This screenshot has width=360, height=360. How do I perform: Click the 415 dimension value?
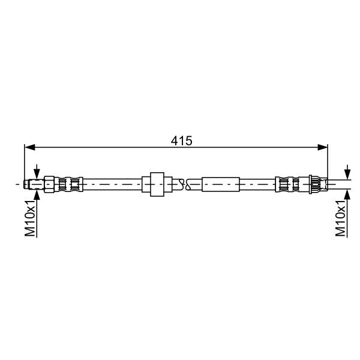pos(181,141)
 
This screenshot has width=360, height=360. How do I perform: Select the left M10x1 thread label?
pos(30,218)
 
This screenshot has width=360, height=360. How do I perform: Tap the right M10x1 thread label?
pos(340,218)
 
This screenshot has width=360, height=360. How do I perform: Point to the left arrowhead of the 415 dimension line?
pos(29,148)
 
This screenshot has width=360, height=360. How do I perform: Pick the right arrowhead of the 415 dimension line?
pos(322,148)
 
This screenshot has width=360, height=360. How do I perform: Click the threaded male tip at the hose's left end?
pos(34,184)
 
